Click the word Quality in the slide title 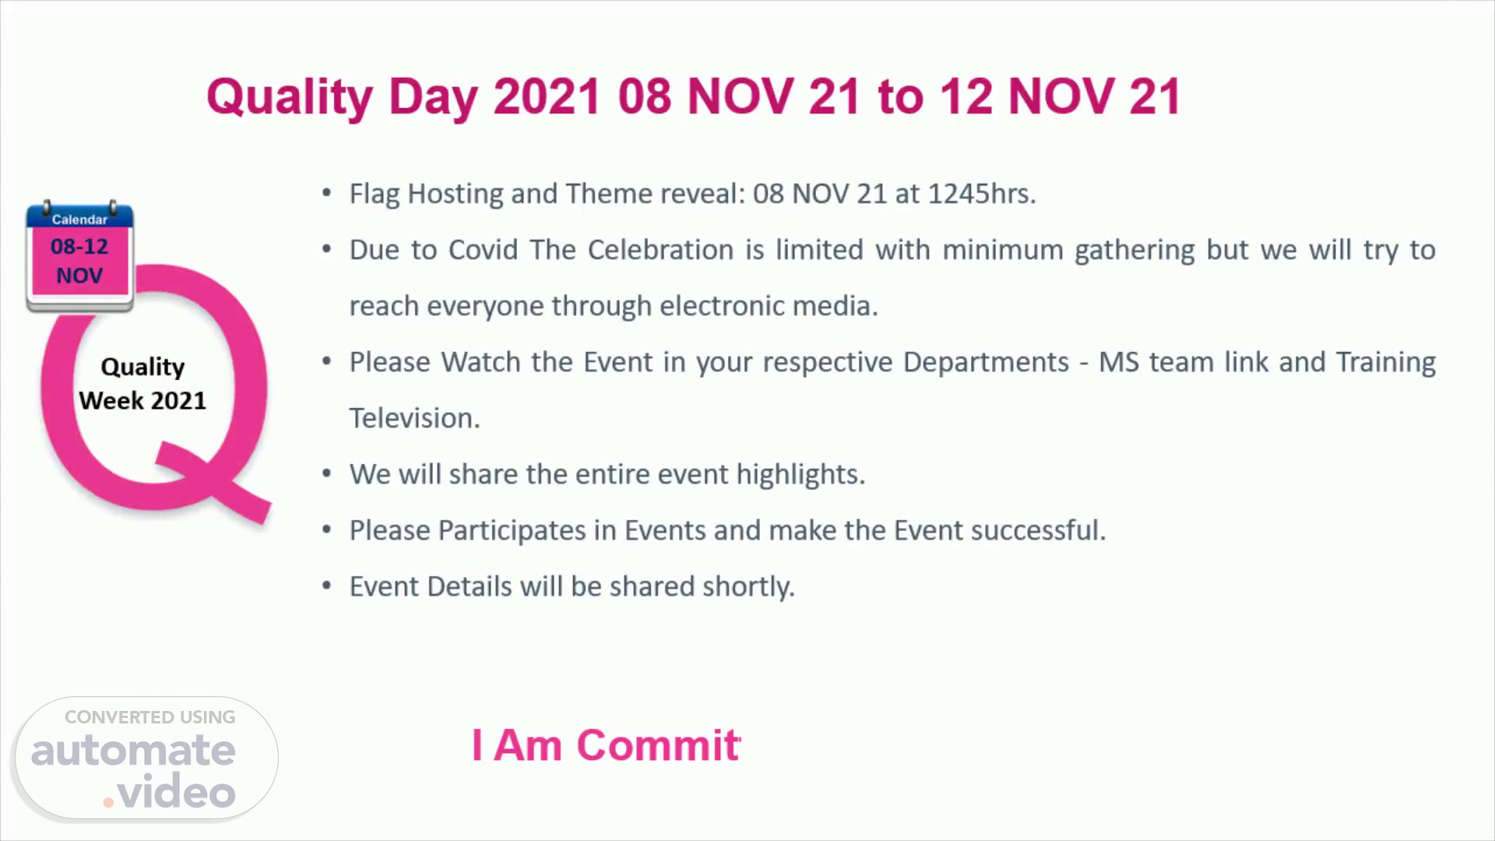290,98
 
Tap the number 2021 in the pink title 547,97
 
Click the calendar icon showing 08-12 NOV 79,256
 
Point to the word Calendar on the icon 79,220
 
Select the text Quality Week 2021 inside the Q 142,383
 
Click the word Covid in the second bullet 482,249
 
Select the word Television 414,418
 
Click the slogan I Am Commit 606,745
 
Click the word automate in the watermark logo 133,751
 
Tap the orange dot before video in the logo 109,801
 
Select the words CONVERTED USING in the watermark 149,717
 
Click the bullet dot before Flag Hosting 327,193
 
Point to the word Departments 986,362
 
